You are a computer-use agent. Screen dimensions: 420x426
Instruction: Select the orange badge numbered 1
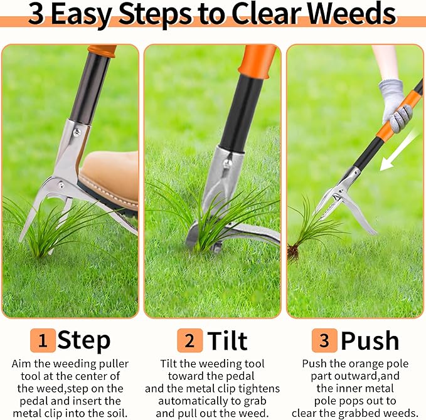tap(43, 340)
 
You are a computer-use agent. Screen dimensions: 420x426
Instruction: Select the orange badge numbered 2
tap(189, 340)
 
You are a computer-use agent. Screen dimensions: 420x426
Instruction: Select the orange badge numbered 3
tap(324, 340)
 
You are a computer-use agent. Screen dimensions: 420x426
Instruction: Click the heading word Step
tap(84, 340)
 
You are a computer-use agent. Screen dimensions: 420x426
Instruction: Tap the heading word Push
tap(370, 340)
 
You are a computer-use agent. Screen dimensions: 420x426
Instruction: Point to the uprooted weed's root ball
tap(293, 251)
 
